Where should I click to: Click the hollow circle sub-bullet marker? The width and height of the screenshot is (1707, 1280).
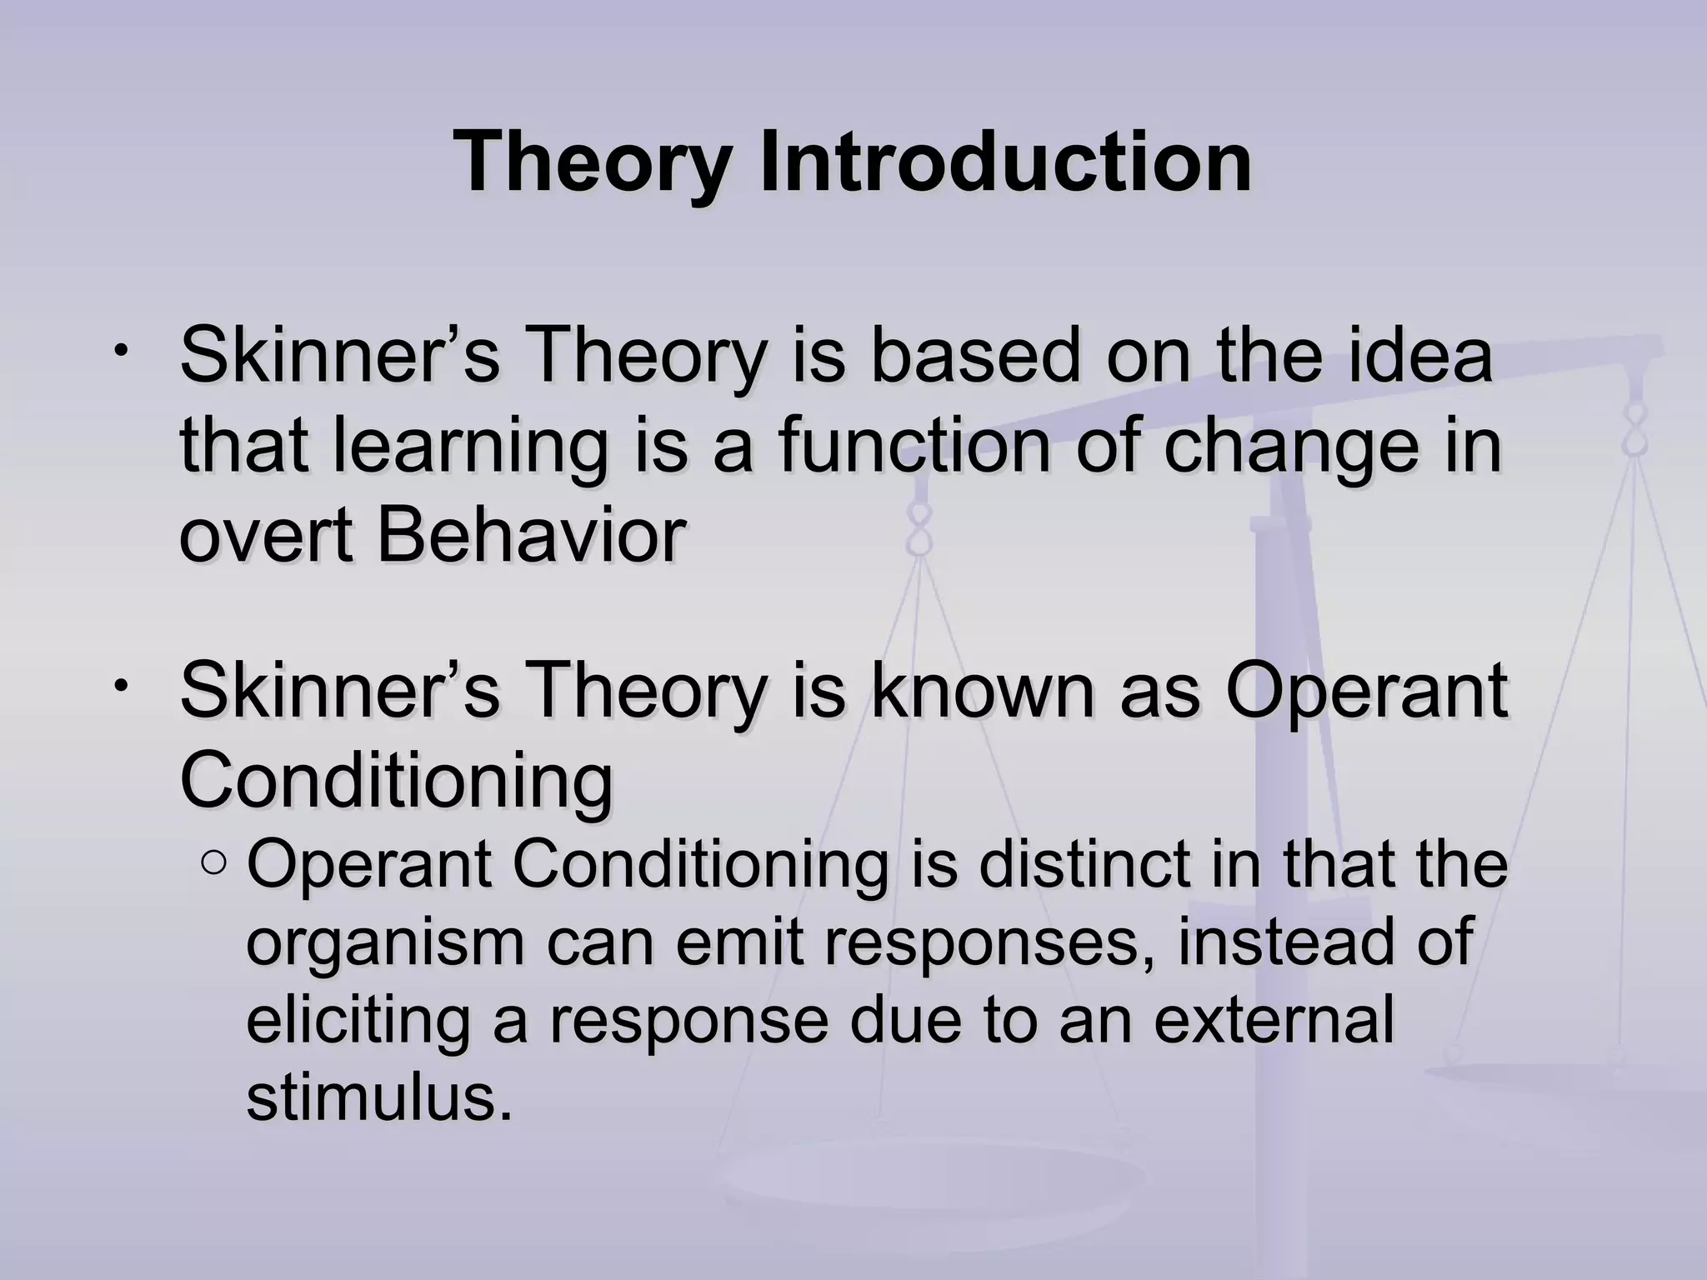coord(213,864)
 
